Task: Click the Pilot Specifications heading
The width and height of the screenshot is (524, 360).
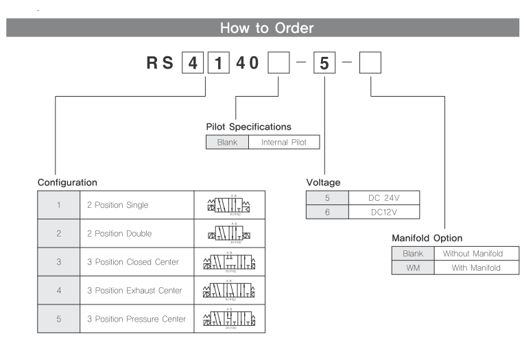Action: tap(248, 127)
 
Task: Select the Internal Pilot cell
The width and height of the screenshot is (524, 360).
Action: tap(285, 143)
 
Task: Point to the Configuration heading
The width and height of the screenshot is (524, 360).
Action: tap(67, 183)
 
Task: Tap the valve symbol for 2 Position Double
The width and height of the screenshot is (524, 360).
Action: tap(229, 234)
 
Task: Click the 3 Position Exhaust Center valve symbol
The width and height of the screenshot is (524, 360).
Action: tap(229, 290)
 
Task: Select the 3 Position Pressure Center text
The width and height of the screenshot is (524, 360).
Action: tap(136, 319)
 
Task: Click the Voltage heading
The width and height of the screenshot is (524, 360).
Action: tap(323, 183)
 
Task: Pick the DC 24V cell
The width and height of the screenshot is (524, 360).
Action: tap(383, 197)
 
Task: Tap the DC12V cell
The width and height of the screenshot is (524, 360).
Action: tap(383, 212)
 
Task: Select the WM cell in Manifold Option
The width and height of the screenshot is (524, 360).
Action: tap(413, 267)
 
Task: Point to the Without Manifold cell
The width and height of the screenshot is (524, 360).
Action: tap(477, 253)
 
